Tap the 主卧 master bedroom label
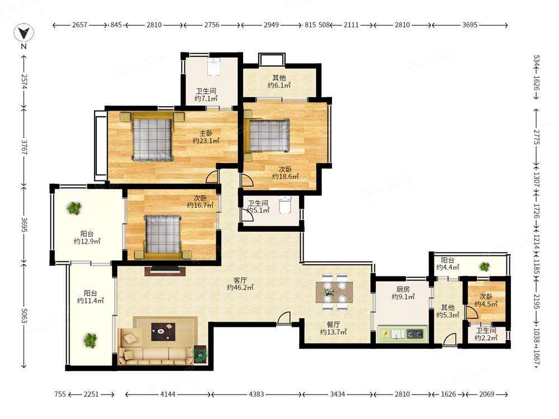tap(206, 134)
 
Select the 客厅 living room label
tap(240, 280)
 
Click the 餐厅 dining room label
tap(333, 325)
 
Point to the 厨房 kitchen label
tap(403, 289)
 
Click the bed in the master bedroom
tap(152, 136)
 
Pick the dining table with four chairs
tap(334, 292)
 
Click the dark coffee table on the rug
tap(163, 332)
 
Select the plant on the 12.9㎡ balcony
tap(74, 208)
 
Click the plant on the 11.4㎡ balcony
tap(90, 340)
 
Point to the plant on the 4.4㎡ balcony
tap(484, 266)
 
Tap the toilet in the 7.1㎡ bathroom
tap(213, 66)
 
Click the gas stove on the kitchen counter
tap(415, 334)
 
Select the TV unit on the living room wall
tap(165, 270)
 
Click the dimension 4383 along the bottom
tap(257, 394)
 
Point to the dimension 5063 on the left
tap(24, 316)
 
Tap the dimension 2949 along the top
tap(271, 25)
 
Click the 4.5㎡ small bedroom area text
tap(486, 304)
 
